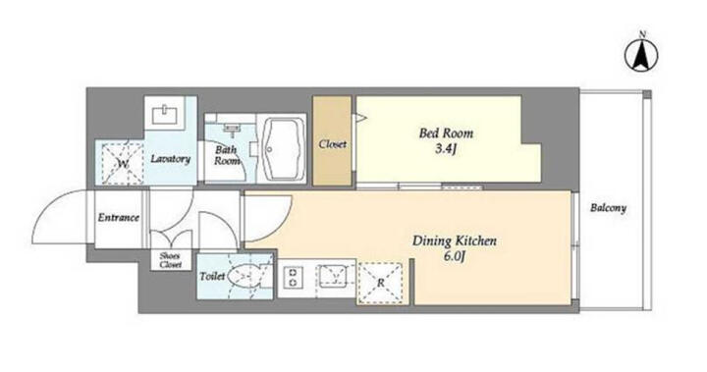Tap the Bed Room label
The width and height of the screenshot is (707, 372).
(446, 133)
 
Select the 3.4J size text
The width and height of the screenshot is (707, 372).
(446, 149)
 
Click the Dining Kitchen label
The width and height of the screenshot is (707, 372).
(455, 240)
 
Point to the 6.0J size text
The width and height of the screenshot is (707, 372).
(455, 256)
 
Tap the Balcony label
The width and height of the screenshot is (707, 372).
(608, 208)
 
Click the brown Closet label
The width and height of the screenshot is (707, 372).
(333, 144)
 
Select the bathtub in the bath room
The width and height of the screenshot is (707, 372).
(282, 149)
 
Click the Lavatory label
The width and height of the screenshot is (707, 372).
(171, 159)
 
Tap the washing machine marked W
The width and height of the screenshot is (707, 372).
(123, 163)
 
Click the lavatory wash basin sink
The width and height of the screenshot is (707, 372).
(165, 115)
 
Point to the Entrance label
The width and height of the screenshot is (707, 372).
(119, 218)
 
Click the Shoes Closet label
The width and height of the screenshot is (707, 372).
(171, 260)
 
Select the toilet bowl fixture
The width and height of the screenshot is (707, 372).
(248, 276)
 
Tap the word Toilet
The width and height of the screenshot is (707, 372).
(212, 276)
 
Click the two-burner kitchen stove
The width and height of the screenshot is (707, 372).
(293, 278)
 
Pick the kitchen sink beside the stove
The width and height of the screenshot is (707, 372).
(332, 277)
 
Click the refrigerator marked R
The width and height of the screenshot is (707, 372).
(381, 283)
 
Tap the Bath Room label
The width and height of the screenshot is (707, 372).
(227, 155)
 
